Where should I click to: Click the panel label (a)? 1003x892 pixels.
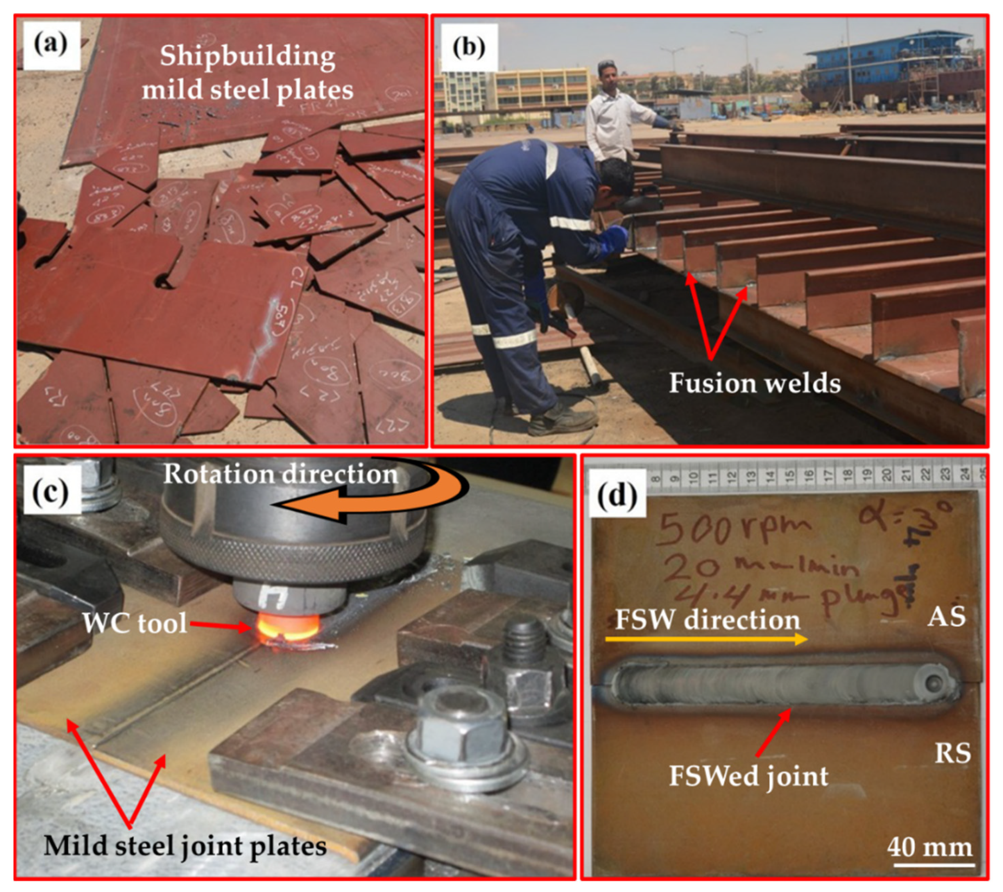click(51, 45)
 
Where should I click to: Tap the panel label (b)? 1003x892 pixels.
click(469, 48)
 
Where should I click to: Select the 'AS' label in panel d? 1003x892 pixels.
click(946, 617)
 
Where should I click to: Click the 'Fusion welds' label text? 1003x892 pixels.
click(755, 383)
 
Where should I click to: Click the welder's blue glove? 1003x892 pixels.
click(613, 239)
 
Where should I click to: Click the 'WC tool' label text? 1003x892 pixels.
click(135, 624)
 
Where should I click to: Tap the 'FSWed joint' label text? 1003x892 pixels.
click(749, 776)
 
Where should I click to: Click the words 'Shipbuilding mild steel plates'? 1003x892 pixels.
click(248, 73)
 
